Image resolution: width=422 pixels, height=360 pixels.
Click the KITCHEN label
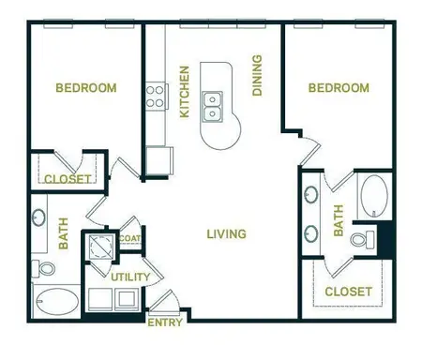click(x=185, y=92)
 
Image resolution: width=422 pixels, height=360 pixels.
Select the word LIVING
click(x=226, y=233)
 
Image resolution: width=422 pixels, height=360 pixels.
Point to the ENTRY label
click(x=165, y=323)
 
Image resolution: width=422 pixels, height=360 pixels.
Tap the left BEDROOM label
click(x=86, y=88)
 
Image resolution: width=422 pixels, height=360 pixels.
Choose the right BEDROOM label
click(x=339, y=88)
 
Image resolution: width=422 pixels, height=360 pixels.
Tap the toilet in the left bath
click(x=43, y=269)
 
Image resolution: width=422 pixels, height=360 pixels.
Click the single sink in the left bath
click(x=38, y=217)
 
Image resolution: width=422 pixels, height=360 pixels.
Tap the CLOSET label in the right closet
click(x=348, y=292)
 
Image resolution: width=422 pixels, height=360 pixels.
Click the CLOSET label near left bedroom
click(x=68, y=178)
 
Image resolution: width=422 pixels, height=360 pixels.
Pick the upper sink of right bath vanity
click(x=311, y=196)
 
